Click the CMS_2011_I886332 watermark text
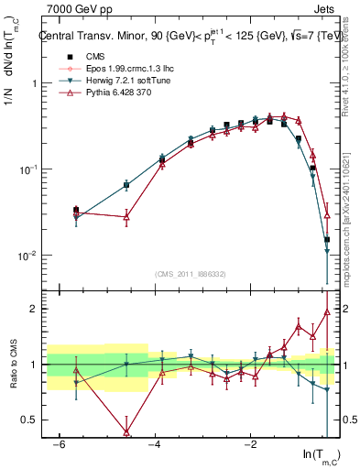[x=191, y=274]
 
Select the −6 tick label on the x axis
[x=59, y=443]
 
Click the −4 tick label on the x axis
[x=154, y=443]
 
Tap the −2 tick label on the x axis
[x=249, y=443]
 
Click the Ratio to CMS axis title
[x=15, y=365]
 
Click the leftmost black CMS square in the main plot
[x=76, y=210]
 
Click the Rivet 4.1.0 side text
[x=351, y=64]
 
